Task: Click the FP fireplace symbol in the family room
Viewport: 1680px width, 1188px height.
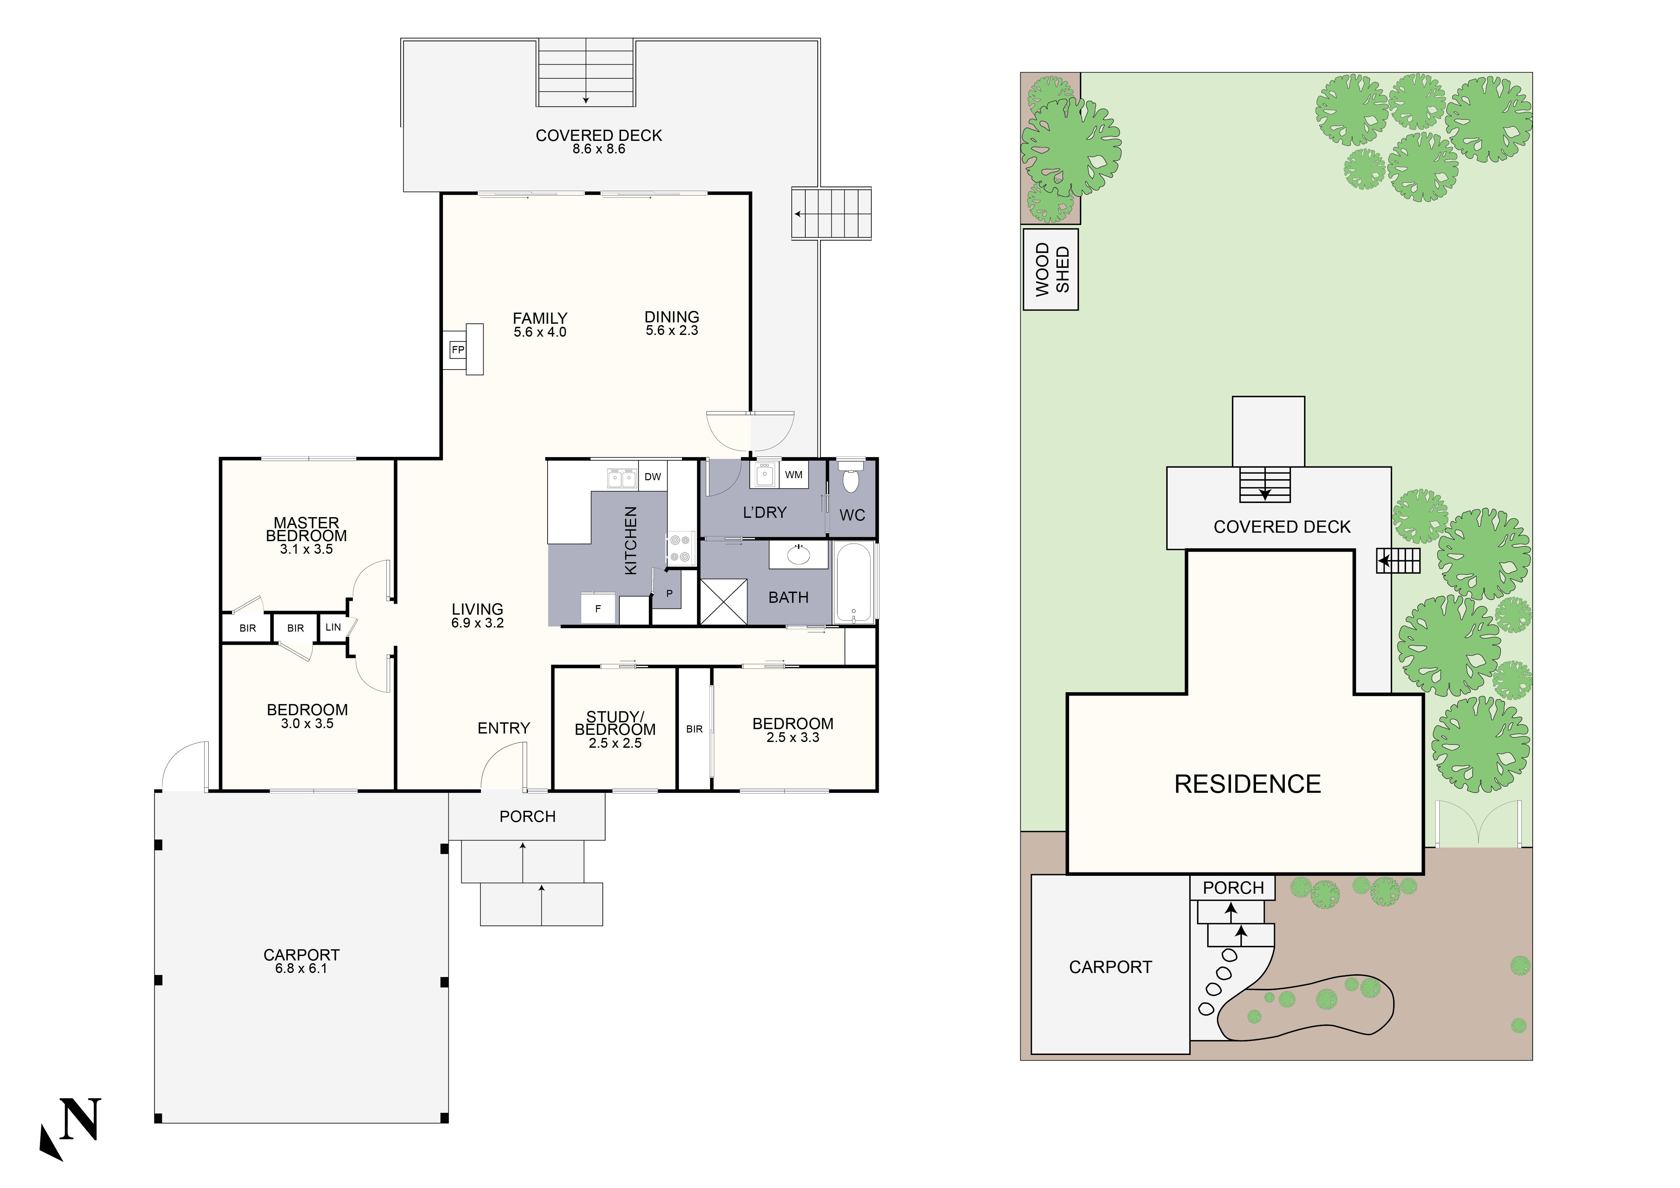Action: pos(458,350)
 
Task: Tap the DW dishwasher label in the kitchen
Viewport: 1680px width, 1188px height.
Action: pos(653,477)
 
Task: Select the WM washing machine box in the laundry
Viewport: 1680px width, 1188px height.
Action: pos(794,475)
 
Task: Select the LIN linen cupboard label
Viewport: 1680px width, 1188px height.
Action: pos(333,627)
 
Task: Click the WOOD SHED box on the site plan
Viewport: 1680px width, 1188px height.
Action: pos(1051,269)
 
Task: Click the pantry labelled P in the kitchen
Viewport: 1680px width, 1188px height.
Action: pos(669,594)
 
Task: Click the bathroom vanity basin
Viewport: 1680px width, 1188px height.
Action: pos(798,555)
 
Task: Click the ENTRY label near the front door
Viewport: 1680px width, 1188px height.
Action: pos(504,728)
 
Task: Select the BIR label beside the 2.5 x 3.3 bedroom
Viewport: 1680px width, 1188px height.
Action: pos(695,729)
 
